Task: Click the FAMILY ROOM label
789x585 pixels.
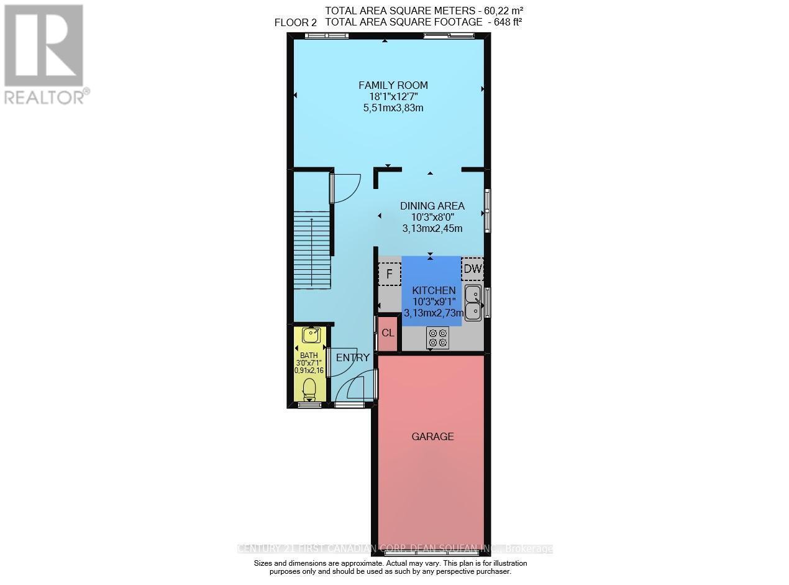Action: [x=393, y=85]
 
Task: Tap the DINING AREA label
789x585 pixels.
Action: [x=432, y=206]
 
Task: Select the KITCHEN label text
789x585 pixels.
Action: [x=434, y=290]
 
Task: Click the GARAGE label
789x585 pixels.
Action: [x=432, y=436]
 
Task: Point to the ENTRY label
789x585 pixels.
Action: [x=352, y=357]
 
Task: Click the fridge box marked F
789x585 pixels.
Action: [x=390, y=274]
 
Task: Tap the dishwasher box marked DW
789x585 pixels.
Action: [x=472, y=269]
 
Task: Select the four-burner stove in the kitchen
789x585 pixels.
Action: [x=437, y=338]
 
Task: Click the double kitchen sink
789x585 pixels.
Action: [x=473, y=303]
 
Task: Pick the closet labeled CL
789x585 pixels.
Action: [x=388, y=333]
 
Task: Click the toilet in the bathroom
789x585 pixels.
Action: [x=309, y=390]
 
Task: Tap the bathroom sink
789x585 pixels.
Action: [x=311, y=335]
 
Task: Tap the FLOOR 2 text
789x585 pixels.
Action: [x=296, y=22]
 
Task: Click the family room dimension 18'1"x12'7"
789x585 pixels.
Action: [x=393, y=96]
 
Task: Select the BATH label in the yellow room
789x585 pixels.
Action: [x=309, y=356]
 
